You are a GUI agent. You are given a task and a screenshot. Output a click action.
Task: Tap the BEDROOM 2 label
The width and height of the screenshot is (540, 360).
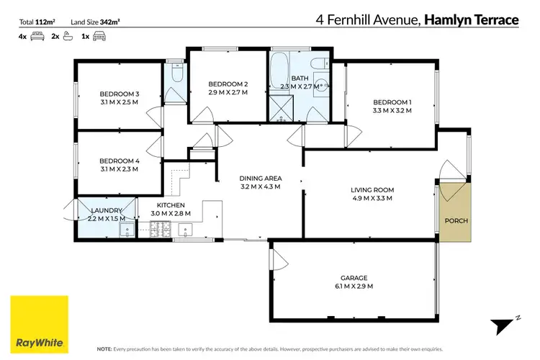pos(223,83)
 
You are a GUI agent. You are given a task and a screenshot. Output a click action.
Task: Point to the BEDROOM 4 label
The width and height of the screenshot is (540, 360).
pos(119,160)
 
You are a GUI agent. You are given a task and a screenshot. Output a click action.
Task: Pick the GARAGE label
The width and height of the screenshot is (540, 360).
pos(354,277)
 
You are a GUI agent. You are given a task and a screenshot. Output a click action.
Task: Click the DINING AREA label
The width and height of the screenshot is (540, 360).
pos(260,178)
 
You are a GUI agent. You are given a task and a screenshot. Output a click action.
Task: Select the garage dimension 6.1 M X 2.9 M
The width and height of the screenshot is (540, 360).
pos(354,287)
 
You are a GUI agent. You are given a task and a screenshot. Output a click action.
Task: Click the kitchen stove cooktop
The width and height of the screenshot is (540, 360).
pos(158,231)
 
